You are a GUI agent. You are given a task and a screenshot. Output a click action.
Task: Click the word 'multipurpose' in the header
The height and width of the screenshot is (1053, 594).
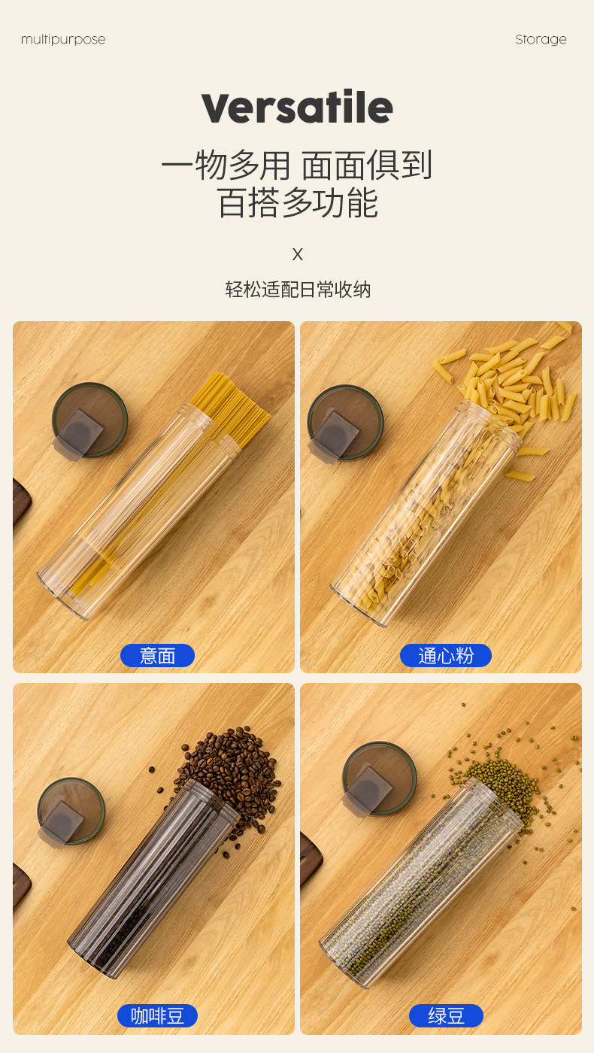(x=63, y=40)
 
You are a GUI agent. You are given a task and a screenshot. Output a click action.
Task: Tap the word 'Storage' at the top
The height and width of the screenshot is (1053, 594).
(x=541, y=40)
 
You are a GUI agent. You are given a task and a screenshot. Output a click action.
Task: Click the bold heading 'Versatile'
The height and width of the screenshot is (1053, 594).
(x=297, y=108)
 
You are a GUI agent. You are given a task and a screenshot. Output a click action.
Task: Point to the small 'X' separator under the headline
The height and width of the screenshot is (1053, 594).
(x=297, y=254)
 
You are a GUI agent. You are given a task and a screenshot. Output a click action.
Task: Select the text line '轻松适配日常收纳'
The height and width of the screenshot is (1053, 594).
(x=298, y=290)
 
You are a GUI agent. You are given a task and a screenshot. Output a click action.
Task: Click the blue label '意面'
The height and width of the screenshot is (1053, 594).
(x=157, y=656)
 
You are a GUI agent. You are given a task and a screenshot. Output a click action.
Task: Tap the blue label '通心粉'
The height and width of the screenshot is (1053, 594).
(x=445, y=656)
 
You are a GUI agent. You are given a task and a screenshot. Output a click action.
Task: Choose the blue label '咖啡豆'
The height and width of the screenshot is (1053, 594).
(x=157, y=1016)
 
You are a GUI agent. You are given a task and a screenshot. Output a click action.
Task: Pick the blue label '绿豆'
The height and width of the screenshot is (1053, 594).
(x=446, y=1016)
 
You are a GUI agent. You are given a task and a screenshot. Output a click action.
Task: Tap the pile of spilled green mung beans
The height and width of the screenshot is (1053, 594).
(x=504, y=778)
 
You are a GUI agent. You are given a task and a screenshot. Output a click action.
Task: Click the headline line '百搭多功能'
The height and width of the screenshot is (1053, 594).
(x=297, y=203)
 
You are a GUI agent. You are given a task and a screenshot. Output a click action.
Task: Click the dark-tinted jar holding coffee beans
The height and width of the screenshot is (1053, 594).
(x=150, y=880)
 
